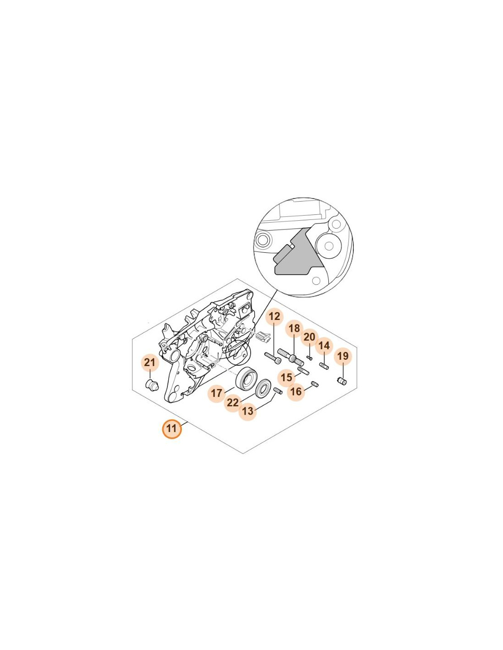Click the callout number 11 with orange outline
(x=171, y=429)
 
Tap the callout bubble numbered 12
(x=274, y=316)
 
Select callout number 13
(x=247, y=411)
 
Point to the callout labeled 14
(x=324, y=346)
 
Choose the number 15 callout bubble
(x=286, y=377)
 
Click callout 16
(x=296, y=391)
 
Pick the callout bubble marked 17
(x=217, y=393)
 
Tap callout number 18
(x=294, y=329)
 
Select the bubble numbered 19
(x=343, y=356)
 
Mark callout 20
(x=310, y=337)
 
